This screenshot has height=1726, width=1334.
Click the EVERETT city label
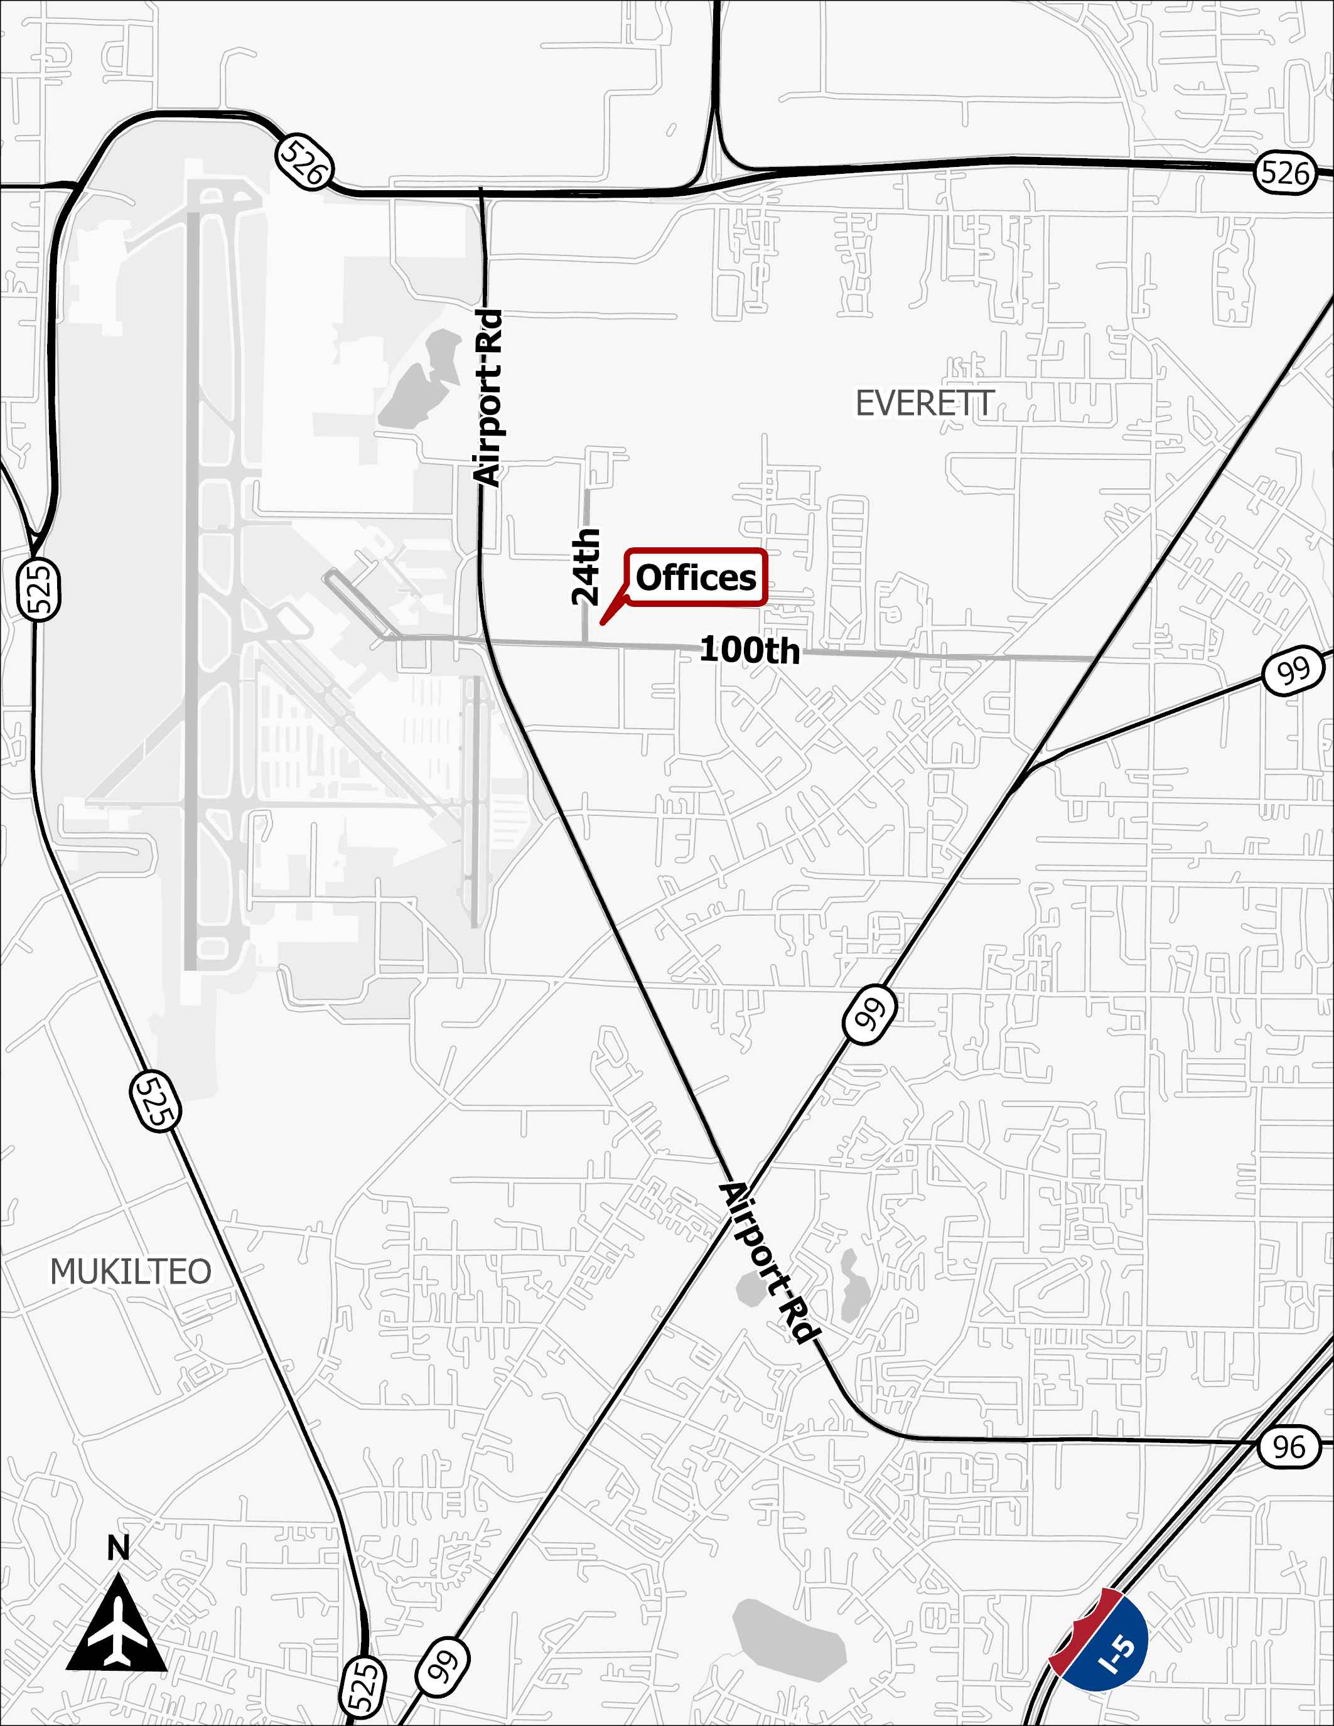click(x=925, y=404)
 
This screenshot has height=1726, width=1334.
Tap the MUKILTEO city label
click(x=131, y=1272)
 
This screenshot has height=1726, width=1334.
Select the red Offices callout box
click(x=696, y=577)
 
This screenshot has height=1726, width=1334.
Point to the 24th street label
click(x=586, y=567)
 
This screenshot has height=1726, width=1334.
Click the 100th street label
click(x=749, y=650)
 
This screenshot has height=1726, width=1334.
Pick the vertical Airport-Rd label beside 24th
click(x=488, y=397)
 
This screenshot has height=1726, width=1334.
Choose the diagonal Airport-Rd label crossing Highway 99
click(x=768, y=1263)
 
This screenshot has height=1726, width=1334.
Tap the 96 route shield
click(x=1289, y=1447)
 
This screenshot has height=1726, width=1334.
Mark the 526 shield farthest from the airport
click(x=1285, y=172)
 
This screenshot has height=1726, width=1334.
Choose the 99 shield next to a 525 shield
click(x=443, y=1668)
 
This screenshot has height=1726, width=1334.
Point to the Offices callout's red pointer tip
click(x=602, y=623)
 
